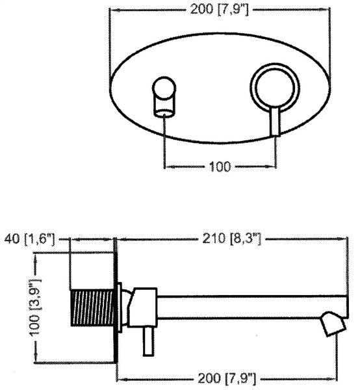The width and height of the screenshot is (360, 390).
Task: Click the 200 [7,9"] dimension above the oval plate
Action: [219, 10]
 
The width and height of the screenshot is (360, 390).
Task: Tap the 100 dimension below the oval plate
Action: [220, 166]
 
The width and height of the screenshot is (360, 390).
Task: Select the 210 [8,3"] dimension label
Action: [232, 239]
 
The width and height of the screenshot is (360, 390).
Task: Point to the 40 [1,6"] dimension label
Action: [29, 239]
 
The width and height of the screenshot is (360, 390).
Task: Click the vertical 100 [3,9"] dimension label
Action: [35, 307]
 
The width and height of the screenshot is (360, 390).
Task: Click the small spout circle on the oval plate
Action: [164, 88]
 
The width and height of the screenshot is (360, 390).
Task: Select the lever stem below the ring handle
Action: [275, 122]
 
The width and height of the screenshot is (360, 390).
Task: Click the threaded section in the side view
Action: [92, 307]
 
